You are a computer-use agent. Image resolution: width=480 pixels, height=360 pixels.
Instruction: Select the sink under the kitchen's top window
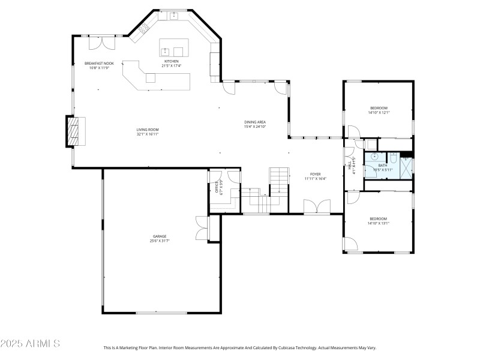[174, 16]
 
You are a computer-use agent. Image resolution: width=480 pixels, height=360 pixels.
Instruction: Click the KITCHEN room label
[172, 61]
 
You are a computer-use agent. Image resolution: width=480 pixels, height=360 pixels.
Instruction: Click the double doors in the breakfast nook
[101, 43]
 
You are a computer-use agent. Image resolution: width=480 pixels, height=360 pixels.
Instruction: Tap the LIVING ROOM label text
[148, 130]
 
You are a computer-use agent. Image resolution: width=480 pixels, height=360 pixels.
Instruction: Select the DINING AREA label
[254, 122]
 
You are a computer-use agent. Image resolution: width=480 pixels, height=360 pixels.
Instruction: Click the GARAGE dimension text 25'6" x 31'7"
[160, 241]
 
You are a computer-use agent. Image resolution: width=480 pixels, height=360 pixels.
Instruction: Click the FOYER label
[315, 174]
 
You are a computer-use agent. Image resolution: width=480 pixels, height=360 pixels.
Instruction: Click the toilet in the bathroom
[394, 158]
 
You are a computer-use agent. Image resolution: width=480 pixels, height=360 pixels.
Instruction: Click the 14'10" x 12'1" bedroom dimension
[379, 112]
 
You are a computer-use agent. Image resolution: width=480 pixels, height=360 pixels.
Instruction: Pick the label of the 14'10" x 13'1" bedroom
[378, 218]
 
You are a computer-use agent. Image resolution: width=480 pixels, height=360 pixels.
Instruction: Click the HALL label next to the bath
[350, 166]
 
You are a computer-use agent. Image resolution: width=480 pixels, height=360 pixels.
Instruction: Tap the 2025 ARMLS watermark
[30, 344]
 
